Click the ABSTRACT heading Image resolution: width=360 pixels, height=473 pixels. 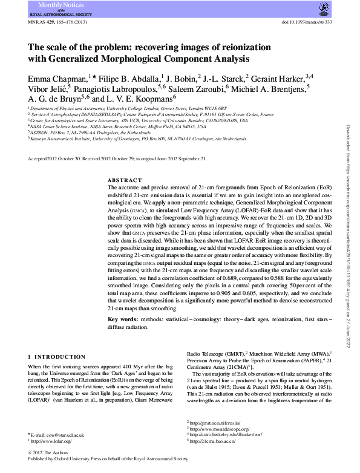tap(125, 180)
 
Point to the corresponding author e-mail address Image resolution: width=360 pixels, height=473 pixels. tap(59, 435)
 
